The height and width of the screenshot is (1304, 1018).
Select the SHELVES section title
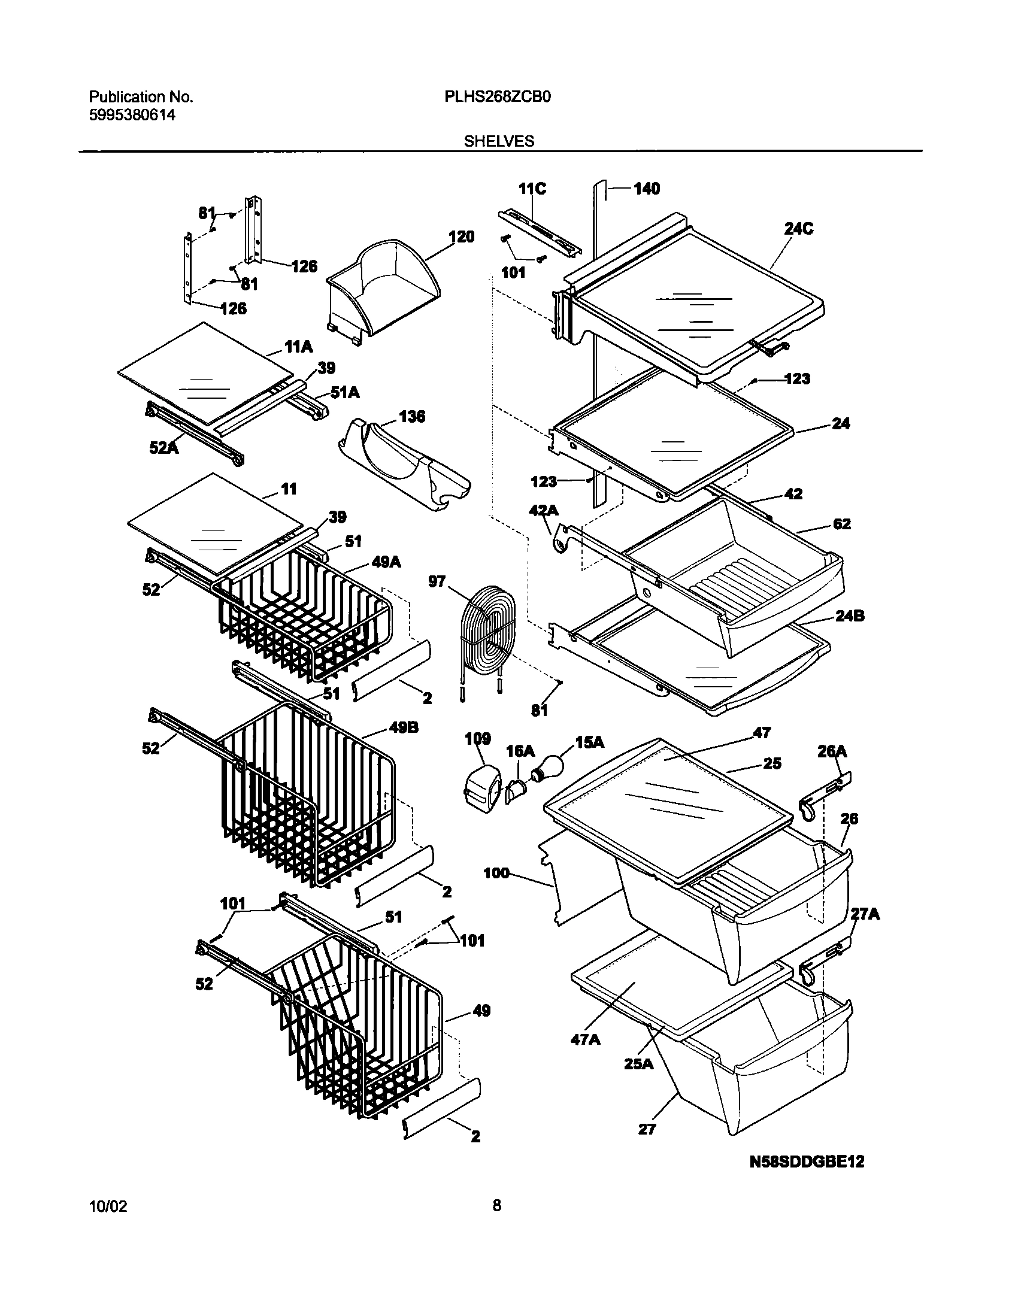pyautogui.click(x=498, y=141)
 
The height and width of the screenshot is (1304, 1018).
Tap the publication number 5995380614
pyautogui.click(x=132, y=115)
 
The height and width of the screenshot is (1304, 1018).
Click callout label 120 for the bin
pyautogui.click(x=461, y=237)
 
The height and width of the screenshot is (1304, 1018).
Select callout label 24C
pyautogui.click(x=799, y=229)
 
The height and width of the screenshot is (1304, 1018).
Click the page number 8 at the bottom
pyautogui.click(x=496, y=1222)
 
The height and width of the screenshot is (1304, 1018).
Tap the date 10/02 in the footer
pyautogui.click(x=108, y=1222)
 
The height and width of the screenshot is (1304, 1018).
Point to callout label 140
pyautogui.click(x=646, y=189)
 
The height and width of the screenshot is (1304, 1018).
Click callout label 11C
pyautogui.click(x=532, y=189)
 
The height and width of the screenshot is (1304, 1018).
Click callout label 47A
pyautogui.click(x=586, y=1039)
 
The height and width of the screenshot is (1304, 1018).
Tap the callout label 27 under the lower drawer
pyautogui.click(x=647, y=1129)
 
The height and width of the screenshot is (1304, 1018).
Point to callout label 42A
pyautogui.click(x=544, y=510)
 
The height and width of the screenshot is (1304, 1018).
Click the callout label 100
pyautogui.click(x=496, y=874)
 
